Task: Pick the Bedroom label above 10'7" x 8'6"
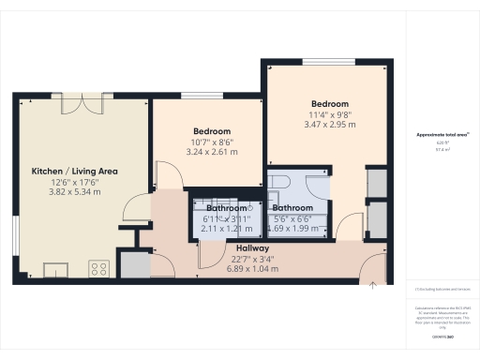point(212,131)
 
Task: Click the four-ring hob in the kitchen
point(98,270)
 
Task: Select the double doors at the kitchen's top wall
point(81,105)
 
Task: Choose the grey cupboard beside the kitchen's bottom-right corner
point(134,265)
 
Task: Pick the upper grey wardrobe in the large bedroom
point(376,182)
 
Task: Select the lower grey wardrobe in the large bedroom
point(376,217)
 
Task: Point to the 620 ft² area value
point(436,144)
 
